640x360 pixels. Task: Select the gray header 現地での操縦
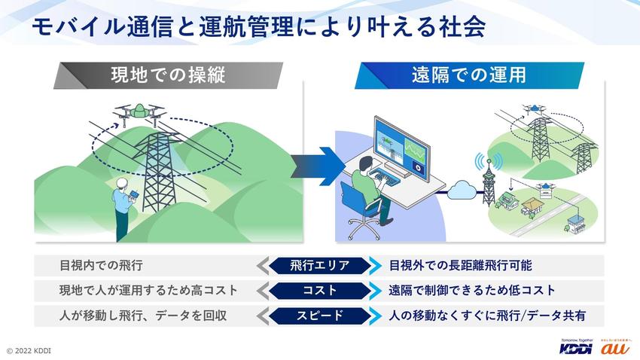(x=167, y=75)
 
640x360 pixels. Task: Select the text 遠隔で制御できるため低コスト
(x=472, y=290)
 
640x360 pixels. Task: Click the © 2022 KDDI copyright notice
(x=29, y=351)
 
